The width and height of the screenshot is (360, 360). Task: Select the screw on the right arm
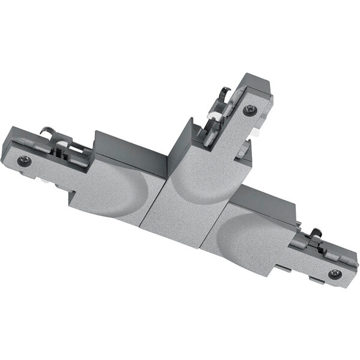(x=335, y=274)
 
